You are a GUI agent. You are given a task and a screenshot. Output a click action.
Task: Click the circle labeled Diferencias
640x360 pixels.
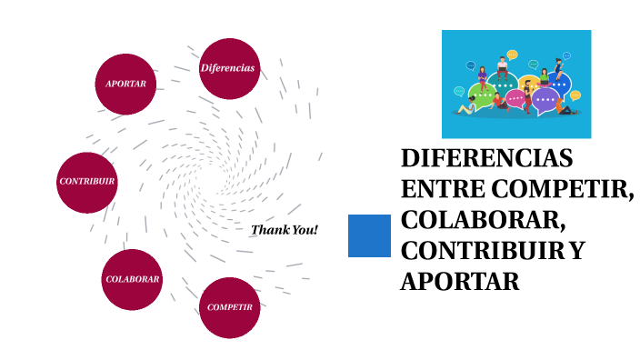click(x=228, y=68)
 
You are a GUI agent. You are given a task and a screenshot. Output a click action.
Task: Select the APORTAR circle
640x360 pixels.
click(x=125, y=84)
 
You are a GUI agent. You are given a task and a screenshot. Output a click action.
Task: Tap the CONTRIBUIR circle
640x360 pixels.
click(x=87, y=182)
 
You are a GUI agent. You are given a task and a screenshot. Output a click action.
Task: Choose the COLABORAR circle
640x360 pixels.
click(x=133, y=279)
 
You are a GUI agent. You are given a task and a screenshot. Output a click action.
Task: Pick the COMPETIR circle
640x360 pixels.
click(x=229, y=307)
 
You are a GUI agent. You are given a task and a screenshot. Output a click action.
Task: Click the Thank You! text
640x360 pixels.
click(x=285, y=230)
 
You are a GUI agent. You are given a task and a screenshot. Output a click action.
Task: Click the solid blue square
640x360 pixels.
click(x=370, y=236)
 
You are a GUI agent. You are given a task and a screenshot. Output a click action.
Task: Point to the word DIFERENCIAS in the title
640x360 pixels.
click(x=487, y=159)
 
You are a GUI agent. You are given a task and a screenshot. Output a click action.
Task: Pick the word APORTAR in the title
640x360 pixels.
click(x=460, y=282)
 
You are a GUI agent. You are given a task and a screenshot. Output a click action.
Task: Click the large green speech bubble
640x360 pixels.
click(x=482, y=94)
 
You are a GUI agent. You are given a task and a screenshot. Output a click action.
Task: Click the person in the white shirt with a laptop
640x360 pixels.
click(x=502, y=68)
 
